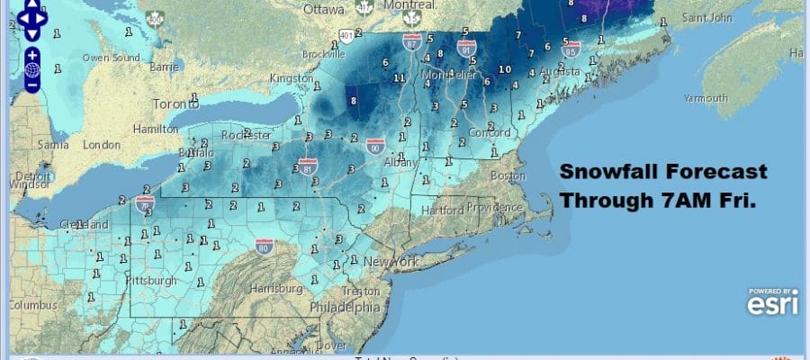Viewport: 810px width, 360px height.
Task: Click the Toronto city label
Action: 176,103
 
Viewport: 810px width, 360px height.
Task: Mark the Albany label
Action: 400,163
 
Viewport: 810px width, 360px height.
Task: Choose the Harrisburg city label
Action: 276,289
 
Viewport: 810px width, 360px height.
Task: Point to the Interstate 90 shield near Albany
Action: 375,146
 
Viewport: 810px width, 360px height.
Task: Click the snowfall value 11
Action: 398,78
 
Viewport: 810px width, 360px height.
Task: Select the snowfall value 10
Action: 505,69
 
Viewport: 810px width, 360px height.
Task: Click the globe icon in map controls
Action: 31,69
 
